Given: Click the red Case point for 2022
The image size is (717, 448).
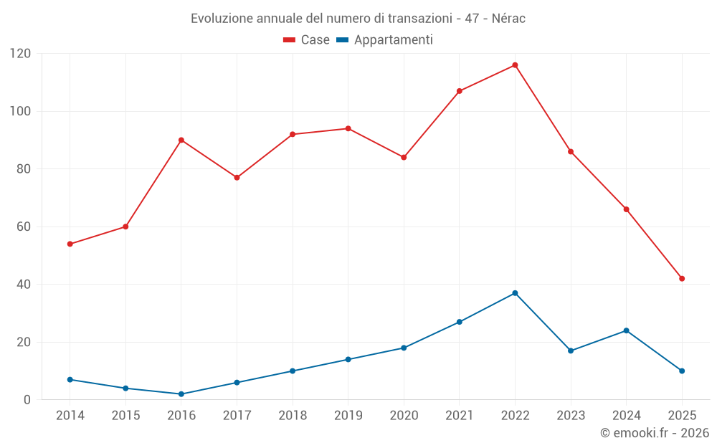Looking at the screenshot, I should click(x=515, y=65).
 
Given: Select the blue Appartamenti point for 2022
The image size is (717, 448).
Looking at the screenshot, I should click(x=515, y=293).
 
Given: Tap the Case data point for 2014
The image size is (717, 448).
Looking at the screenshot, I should click(x=70, y=244).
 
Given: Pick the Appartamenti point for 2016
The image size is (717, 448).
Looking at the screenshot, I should click(x=181, y=394).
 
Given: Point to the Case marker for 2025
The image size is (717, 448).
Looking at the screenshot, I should click(x=682, y=278).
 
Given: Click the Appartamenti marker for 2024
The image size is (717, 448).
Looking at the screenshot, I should click(x=626, y=330).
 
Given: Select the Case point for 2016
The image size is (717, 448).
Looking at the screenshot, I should click(x=181, y=140).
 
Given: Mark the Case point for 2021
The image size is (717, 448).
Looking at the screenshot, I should click(x=460, y=91).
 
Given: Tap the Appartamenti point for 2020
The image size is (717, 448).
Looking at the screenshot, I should click(x=404, y=348).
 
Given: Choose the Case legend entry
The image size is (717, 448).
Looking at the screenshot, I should click(x=306, y=40).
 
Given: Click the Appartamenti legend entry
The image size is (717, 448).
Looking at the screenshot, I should click(x=385, y=40).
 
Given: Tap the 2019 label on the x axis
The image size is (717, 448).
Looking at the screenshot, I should click(x=348, y=415).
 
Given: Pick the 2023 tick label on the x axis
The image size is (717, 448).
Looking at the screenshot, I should click(x=571, y=415).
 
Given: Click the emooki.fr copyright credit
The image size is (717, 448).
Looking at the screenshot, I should click(x=655, y=433).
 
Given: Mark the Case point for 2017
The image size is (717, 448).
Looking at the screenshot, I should click(x=237, y=177).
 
